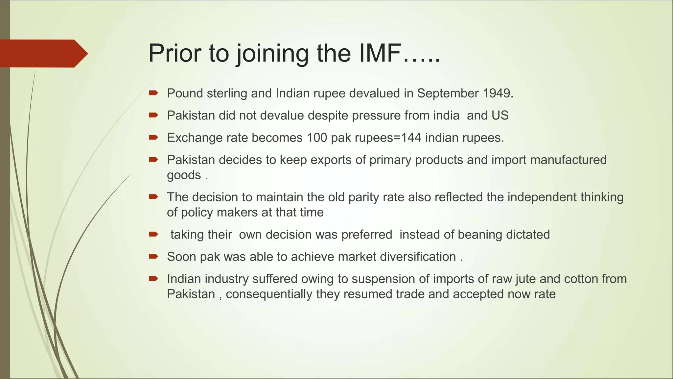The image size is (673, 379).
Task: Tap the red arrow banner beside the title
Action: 43,53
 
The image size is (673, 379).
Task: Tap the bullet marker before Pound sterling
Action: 153,93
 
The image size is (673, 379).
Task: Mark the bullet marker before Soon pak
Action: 153,257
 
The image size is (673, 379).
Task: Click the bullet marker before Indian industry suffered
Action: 153,279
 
